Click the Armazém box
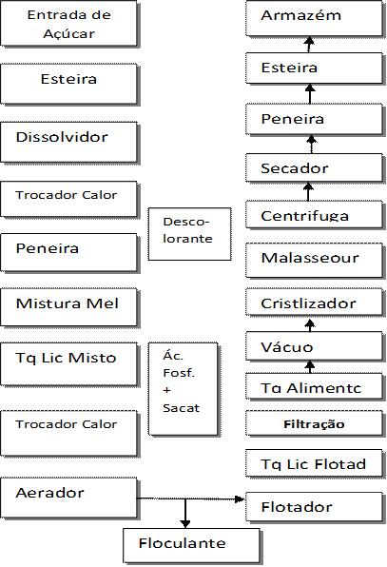click(314, 18)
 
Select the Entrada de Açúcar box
click(68, 24)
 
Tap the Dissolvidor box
click(68, 142)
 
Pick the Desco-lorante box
click(190, 234)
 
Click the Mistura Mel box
click(68, 307)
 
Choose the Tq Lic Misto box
click(68, 364)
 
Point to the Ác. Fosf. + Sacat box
click(184, 389)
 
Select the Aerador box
click(68, 498)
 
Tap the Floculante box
click(191, 545)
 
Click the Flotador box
click(314, 507)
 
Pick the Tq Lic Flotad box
click(314, 463)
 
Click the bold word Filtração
click(314, 424)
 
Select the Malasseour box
click(314, 261)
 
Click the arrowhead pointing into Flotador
click(240, 499)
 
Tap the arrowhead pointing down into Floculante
click(185, 524)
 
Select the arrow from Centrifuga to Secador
click(308, 191)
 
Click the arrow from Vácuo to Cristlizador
click(310, 325)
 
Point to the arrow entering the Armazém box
click(309, 45)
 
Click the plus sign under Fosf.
click(167, 391)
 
